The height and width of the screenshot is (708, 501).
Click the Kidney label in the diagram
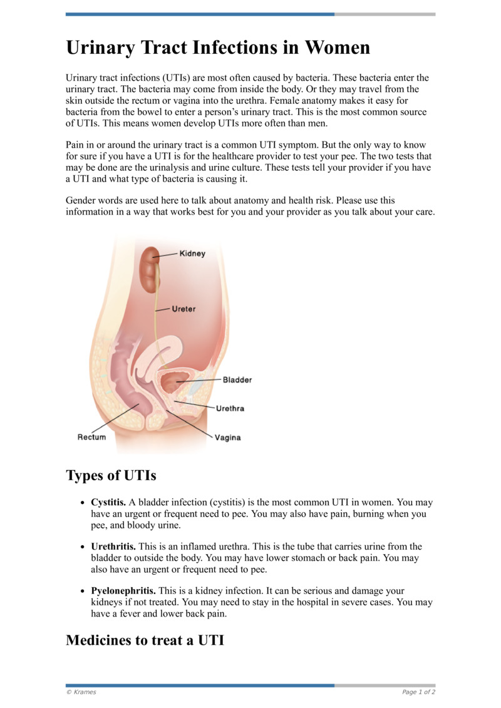pos(192,254)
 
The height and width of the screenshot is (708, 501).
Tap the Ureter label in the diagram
pos(183,309)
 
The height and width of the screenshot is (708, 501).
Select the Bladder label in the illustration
pos(237,380)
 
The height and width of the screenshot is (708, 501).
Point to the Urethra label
pos(230,408)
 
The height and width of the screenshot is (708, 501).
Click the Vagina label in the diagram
pos(228,438)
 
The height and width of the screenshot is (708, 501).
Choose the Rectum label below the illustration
pos(91,437)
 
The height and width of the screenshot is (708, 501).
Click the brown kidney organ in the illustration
pos(148,269)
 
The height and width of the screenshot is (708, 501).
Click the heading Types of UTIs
pos(111,475)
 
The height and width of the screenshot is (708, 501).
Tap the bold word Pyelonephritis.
pos(123,591)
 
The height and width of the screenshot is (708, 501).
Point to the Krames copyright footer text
pos(81,692)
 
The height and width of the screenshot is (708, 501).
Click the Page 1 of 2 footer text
pos(418,692)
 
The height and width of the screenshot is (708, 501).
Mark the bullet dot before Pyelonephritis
pos(83,592)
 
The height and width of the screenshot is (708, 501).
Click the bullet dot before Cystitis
pos(83,503)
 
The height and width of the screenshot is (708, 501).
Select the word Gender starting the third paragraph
pos(81,200)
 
